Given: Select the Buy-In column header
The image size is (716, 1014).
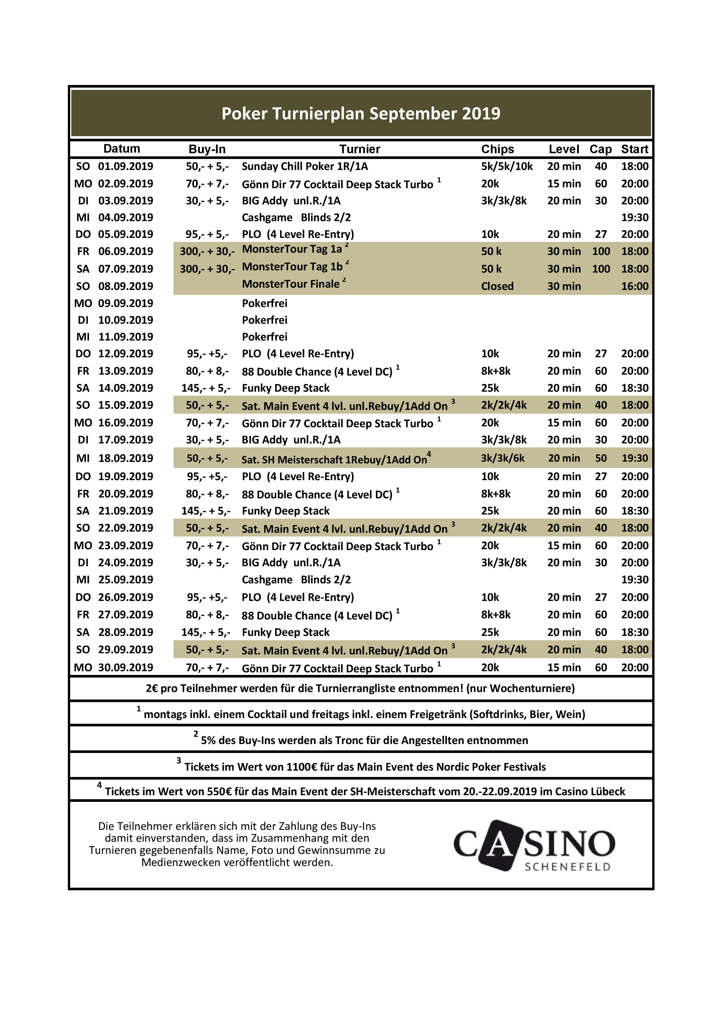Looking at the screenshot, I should [x=207, y=149].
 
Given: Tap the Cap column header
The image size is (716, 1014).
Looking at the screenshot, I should [x=601, y=149].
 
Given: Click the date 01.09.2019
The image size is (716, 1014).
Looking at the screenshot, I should [x=125, y=166].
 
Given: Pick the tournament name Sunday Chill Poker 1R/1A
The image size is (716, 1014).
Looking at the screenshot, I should [x=304, y=166].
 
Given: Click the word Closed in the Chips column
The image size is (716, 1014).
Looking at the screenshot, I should [x=497, y=286].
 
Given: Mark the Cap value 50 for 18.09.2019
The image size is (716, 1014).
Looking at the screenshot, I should [x=601, y=458].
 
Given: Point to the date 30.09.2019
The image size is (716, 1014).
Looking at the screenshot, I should [x=125, y=667].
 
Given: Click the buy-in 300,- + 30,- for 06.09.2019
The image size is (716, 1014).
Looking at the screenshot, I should [x=207, y=251].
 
